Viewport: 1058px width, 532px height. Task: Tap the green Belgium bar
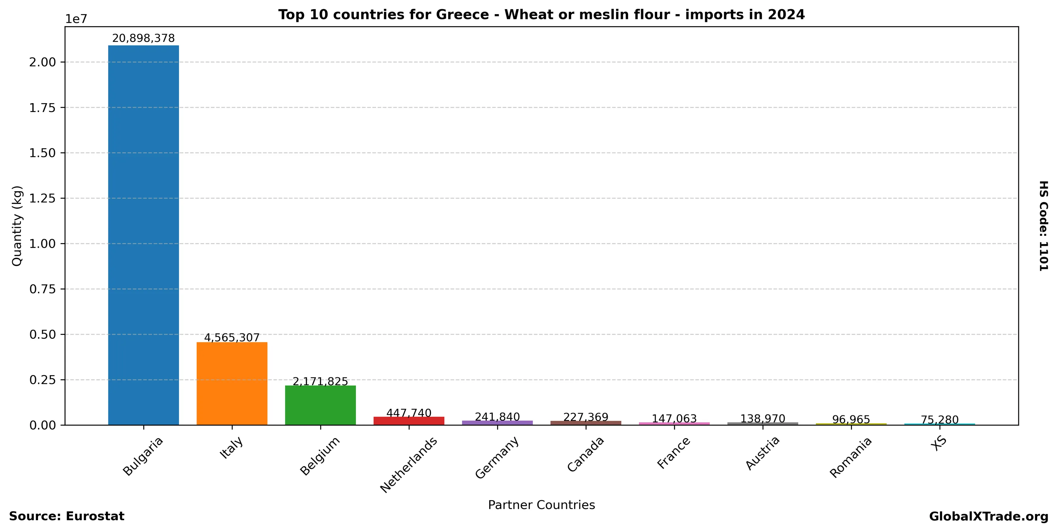[x=320, y=405]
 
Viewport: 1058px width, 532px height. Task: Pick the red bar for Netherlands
[x=409, y=421]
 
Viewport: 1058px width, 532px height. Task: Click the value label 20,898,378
[x=143, y=39]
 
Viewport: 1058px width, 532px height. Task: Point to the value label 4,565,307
[x=232, y=337]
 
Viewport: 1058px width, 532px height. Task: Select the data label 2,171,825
[x=320, y=381]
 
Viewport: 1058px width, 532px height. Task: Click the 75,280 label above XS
[x=939, y=420]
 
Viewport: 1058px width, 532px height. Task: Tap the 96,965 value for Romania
[x=851, y=420]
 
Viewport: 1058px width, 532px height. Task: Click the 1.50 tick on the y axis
[x=42, y=153]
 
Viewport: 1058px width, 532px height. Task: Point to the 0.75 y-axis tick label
[x=42, y=289]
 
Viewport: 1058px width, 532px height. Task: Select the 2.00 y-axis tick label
[x=42, y=62]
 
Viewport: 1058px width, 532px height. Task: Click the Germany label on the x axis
[x=497, y=458]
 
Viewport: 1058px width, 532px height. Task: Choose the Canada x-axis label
[x=586, y=454]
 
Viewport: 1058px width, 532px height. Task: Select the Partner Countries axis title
[x=541, y=505]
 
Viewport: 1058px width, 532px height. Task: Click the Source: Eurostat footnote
[x=67, y=516]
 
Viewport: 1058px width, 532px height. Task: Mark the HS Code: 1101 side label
[x=1044, y=226]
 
